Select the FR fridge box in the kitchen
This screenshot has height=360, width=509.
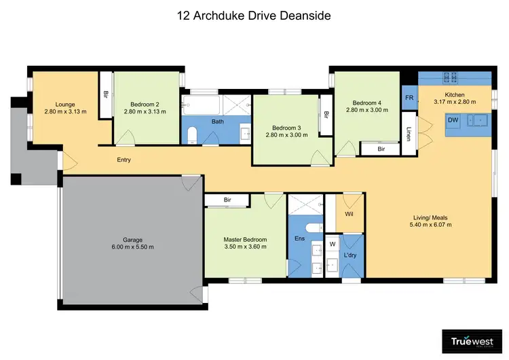409,98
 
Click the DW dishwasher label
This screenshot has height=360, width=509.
453,120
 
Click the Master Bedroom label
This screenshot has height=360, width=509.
245,240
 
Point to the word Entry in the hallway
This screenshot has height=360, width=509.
124,160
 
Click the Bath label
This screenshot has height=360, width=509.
217,122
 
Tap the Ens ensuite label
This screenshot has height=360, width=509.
298,238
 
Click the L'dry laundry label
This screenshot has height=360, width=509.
351,255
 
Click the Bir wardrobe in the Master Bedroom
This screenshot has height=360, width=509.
227,200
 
